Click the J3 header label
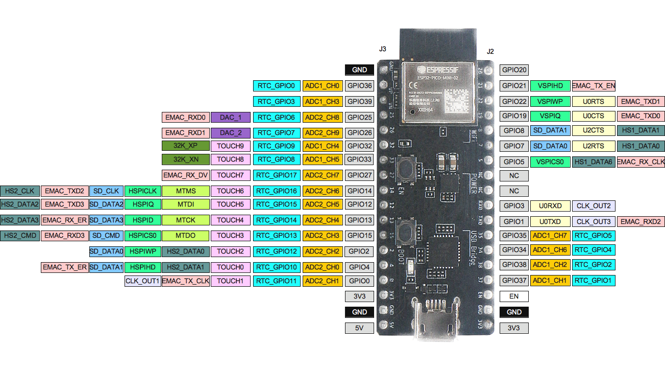click(382, 49)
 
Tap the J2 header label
click(490, 51)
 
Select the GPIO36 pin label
click(359, 86)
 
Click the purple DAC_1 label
click(231, 118)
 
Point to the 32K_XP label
click(185, 146)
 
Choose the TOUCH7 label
click(230, 175)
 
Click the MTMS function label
click(186, 191)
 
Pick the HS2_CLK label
click(20, 191)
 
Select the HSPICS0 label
click(142, 236)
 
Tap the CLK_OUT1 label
click(142, 281)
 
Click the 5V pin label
click(359, 328)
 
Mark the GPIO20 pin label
click(514, 70)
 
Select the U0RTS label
click(593, 102)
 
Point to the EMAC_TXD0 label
click(641, 116)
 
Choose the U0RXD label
click(550, 206)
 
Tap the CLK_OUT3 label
click(593, 222)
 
